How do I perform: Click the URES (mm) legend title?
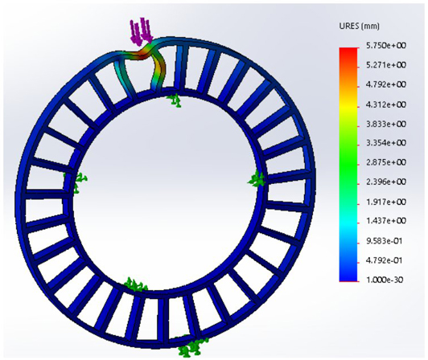[359, 27]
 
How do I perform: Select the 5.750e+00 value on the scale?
[386, 45]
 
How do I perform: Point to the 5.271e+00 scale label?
[386, 65]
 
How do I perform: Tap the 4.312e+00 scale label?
[386, 104]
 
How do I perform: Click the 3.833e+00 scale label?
[386, 124]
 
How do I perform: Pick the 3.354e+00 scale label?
[386, 143]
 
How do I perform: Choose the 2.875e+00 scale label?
[386, 162]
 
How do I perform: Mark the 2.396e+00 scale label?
[386, 182]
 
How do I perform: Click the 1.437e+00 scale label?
[386, 221]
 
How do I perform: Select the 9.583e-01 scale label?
[385, 241]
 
